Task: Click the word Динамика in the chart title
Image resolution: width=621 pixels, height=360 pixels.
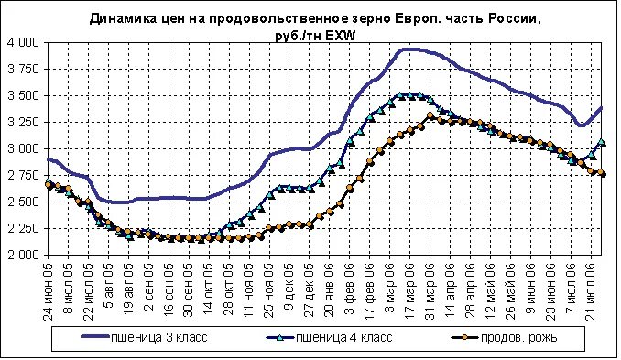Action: click(123, 18)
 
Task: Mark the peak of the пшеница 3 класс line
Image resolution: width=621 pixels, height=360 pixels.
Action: click(411, 49)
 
